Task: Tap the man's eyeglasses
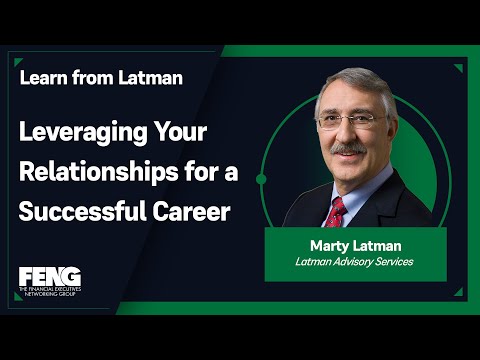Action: tap(350, 121)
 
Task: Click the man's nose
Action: tap(351, 134)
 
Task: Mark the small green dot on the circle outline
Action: tap(261, 180)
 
